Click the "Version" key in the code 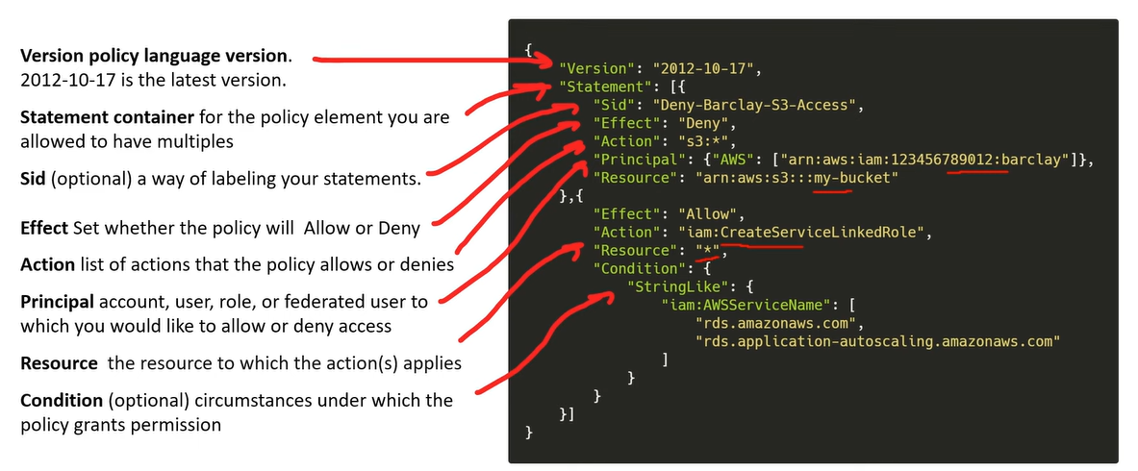pyautogui.click(x=593, y=69)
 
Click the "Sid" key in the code pyautogui.click(x=614, y=105)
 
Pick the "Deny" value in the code pyautogui.click(x=703, y=123)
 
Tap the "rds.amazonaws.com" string pyautogui.click(x=775, y=324)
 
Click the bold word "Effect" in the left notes pyautogui.click(x=44, y=228)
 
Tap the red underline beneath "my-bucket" pyautogui.click(x=832, y=191)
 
